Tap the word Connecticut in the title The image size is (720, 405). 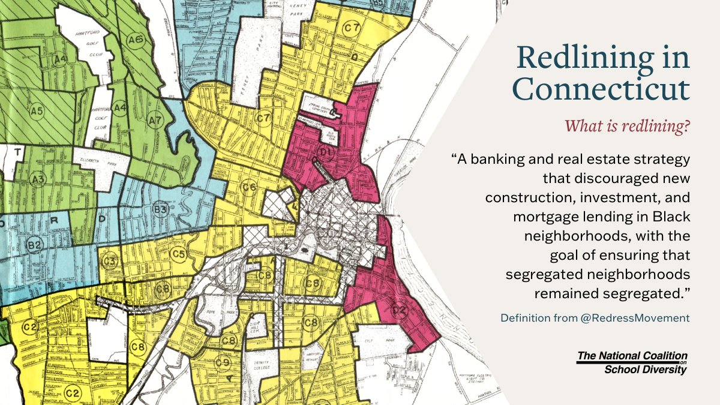tap(601, 89)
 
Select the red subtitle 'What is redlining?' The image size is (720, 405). tap(627, 127)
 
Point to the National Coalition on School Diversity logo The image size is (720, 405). tap(632, 362)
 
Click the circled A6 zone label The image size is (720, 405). tap(135, 40)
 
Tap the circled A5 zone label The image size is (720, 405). tap(37, 111)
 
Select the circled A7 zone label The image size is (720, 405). tap(155, 121)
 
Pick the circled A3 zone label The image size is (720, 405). tap(39, 179)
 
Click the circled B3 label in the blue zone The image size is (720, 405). tap(160, 209)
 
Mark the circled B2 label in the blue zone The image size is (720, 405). tap(34, 245)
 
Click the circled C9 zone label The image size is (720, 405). tap(223, 362)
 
